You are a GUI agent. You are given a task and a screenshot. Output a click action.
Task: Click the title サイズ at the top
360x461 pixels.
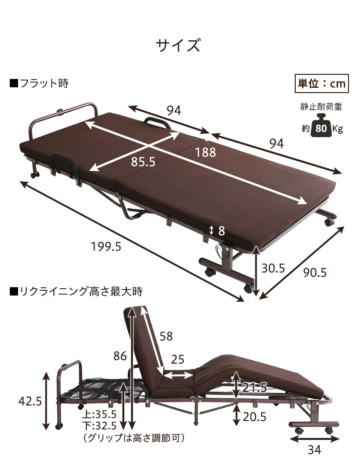(178, 46)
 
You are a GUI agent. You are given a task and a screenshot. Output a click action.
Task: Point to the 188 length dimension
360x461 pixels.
(205, 153)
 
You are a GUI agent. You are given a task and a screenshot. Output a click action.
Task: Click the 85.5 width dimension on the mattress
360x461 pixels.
(143, 162)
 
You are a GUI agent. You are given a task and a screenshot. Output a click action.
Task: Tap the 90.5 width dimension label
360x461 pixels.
(315, 272)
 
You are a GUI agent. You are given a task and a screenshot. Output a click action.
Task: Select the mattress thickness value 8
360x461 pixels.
(221, 231)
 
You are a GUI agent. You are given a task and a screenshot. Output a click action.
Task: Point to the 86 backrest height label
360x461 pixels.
(120, 355)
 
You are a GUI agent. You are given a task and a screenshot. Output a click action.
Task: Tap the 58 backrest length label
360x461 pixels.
(166, 336)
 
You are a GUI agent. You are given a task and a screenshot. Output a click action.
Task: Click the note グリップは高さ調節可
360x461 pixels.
(134, 437)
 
